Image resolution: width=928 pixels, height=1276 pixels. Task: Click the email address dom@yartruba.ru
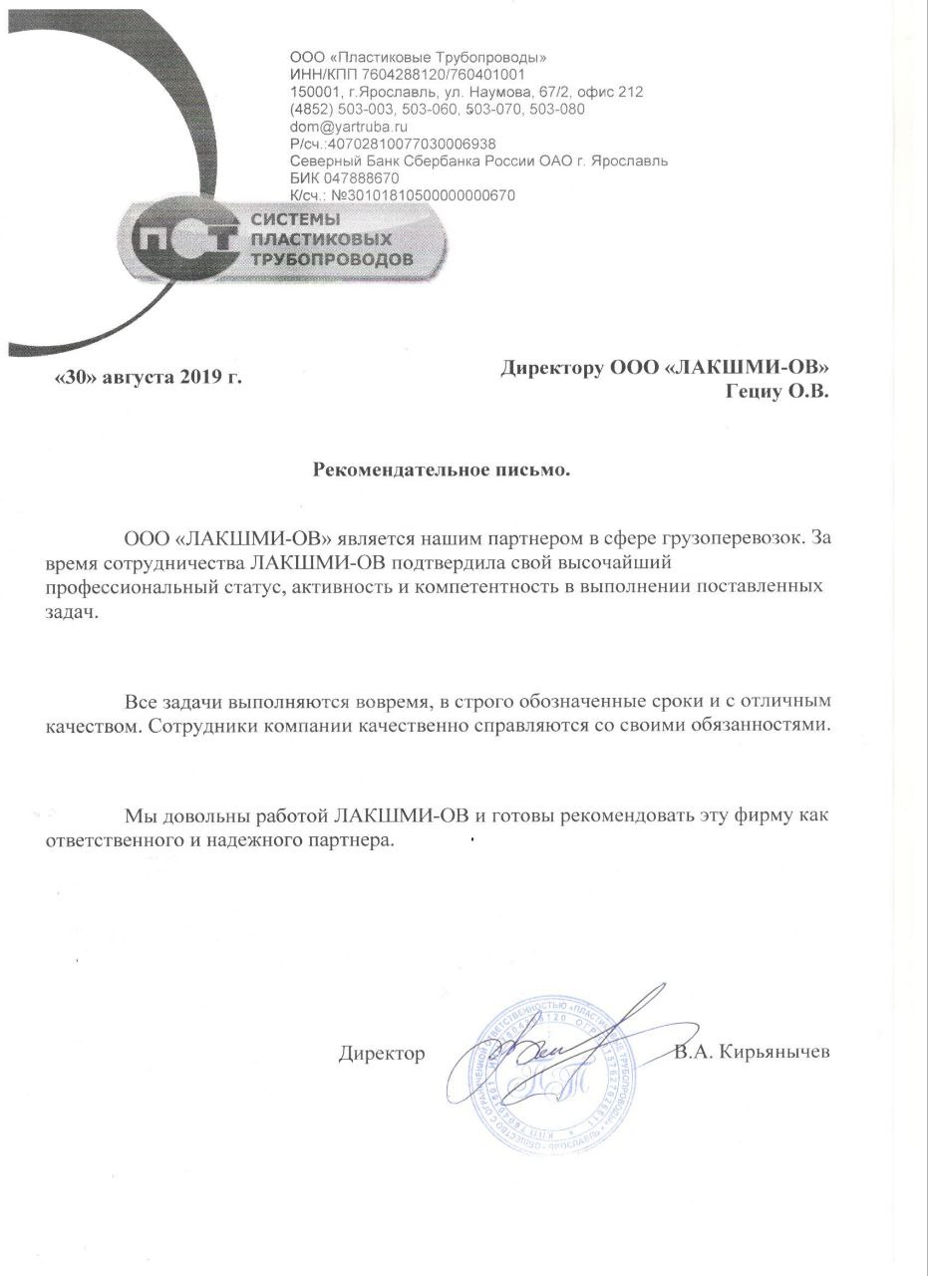pos(348,127)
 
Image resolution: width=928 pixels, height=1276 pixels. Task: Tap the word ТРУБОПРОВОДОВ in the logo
pos(330,259)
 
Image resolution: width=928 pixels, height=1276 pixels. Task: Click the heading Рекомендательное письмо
pos(442,468)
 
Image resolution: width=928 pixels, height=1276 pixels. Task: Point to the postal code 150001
pos(313,92)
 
